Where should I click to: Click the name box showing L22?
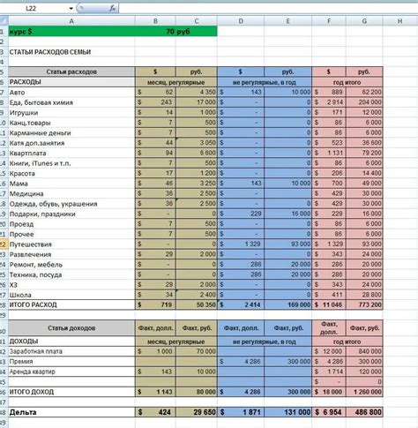(x=32, y=8)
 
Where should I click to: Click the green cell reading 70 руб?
(x=181, y=31)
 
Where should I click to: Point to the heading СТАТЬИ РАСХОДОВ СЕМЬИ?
(x=41, y=51)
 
